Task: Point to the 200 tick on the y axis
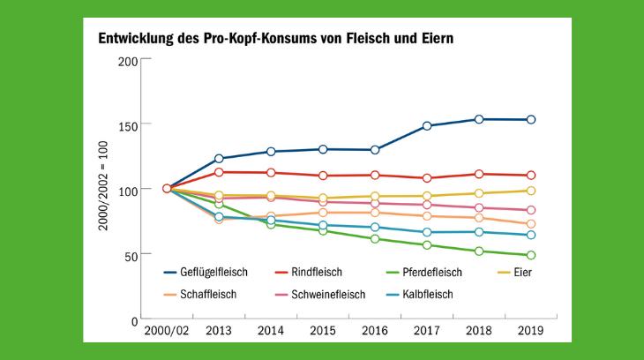coord(128,60)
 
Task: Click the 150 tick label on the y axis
coord(128,125)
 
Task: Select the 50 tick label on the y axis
coord(131,255)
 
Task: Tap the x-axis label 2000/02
coord(167,331)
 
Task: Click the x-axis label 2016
coord(375,331)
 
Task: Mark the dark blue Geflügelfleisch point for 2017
coord(428,126)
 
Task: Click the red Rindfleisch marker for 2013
coord(220,172)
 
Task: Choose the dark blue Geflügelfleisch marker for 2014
coord(271,152)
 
